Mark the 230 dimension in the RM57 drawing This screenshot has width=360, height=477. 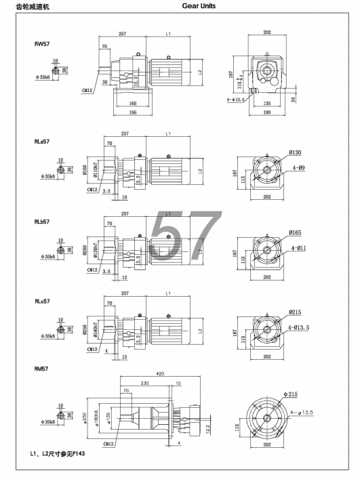click(145, 383)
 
